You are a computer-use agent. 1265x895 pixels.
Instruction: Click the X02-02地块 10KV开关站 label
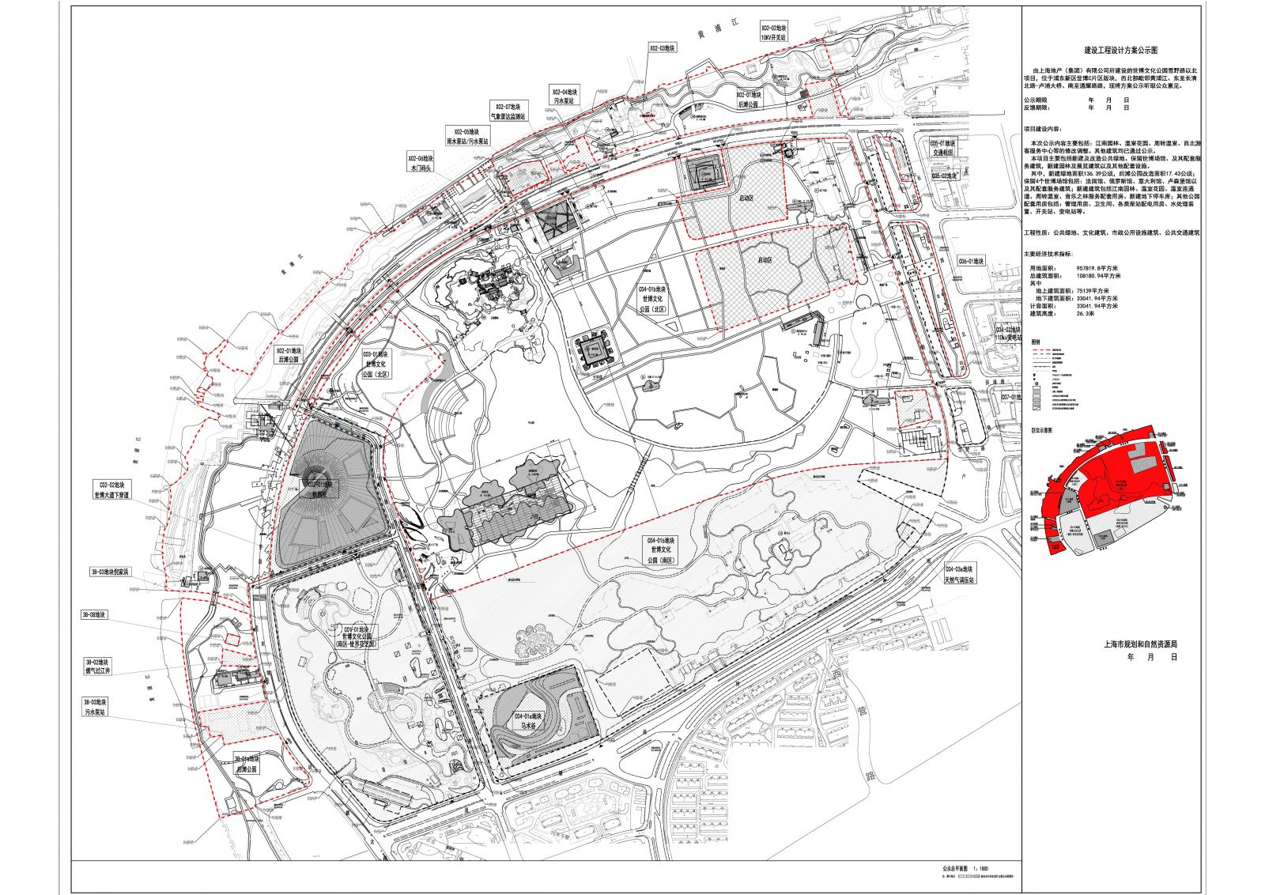pos(773,32)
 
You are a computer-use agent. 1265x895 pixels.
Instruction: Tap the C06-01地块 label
pos(971,261)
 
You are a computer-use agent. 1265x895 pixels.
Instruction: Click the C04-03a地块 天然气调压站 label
pos(959,574)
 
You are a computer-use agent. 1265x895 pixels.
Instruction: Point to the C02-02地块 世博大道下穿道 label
pos(112,489)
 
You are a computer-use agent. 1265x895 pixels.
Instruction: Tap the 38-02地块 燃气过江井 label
pos(98,667)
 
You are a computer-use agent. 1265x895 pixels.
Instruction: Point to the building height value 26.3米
pos(1088,313)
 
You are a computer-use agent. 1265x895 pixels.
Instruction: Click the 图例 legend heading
pos(1036,342)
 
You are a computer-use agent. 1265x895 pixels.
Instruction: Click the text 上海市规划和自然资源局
pos(1140,644)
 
